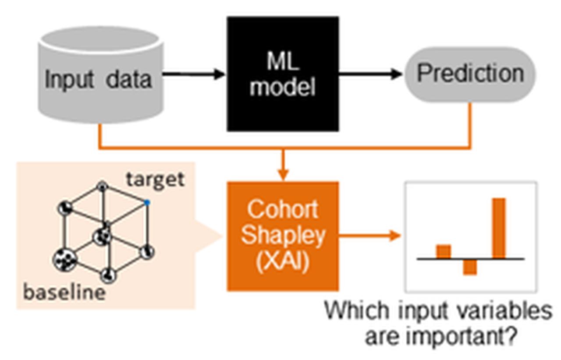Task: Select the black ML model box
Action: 283,74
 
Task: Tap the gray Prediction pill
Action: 470,74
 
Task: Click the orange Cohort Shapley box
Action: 283,236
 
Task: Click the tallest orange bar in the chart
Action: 499,228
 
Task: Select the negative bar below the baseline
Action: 470,267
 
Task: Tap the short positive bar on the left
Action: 443,252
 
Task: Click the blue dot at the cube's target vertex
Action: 147,202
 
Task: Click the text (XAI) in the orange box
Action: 283,263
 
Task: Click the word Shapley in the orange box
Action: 283,236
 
